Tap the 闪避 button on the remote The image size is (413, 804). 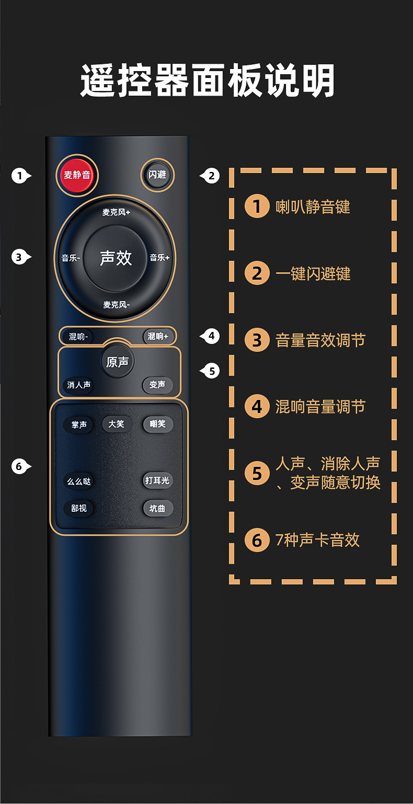click(x=157, y=175)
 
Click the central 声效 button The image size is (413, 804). click(x=116, y=258)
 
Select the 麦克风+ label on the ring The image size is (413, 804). click(x=116, y=212)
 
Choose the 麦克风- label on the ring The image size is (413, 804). click(x=116, y=304)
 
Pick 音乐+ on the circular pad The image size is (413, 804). click(x=160, y=258)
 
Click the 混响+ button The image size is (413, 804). click(x=158, y=337)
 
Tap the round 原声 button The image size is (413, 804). click(x=117, y=362)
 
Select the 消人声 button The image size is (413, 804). click(x=79, y=385)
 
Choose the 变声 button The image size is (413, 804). click(x=157, y=385)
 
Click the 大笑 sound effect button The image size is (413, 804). click(x=117, y=424)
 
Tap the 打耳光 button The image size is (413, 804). click(x=157, y=480)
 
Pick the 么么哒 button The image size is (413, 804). click(x=79, y=481)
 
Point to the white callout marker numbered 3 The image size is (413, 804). click(x=19, y=257)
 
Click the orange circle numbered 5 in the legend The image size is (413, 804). click(x=257, y=473)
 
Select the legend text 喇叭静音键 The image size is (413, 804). click(x=313, y=207)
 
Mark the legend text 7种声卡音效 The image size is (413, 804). click(x=317, y=539)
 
